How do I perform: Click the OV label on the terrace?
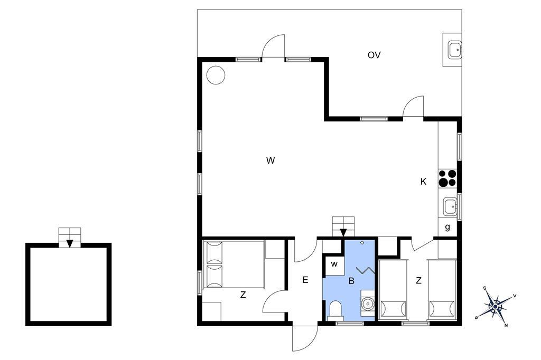point(374,55)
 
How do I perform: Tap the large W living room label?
point(270,160)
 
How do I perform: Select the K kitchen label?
point(423,182)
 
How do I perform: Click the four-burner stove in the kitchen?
point(447,178)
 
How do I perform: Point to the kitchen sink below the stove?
point(450,207)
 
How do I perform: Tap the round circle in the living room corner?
point(216,74)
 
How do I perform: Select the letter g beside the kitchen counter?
point(447,227)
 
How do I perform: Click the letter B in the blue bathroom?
point(351,281)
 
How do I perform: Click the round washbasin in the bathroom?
point(368,304)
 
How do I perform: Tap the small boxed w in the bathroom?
point(334,264)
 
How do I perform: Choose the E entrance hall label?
point(305,280)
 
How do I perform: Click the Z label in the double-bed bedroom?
point(243,295)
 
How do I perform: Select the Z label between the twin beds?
point(418,280)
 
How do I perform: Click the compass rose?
point(496,306)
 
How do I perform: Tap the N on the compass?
point(506,325)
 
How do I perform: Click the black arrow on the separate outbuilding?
point(70,243)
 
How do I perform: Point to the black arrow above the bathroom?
point(343,233)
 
